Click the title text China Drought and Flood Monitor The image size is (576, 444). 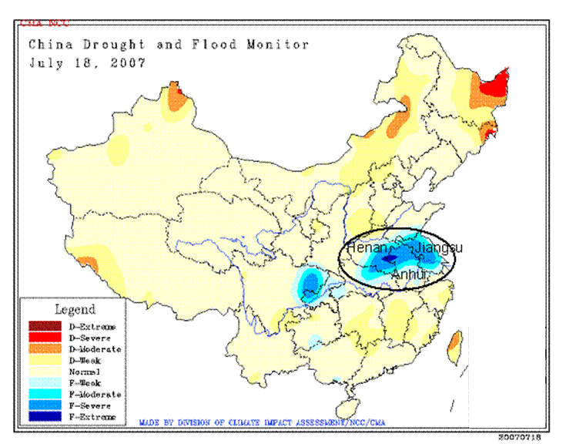[x=169, y=45]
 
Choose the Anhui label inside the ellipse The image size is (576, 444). [x=409, y=274]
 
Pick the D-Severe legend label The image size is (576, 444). [x=90, y=338]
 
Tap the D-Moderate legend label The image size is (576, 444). [x=94, y=349]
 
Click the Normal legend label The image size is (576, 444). [x=85, y=372]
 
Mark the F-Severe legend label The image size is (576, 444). [x=89, y=405]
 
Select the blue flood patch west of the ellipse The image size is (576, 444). [x=311, y=284]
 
